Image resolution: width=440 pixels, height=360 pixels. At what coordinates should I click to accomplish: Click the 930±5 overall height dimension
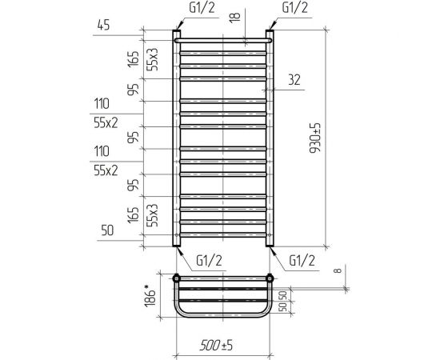click(x=315, y=138)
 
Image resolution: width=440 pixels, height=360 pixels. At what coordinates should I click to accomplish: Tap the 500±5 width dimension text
click(x=216, y=345)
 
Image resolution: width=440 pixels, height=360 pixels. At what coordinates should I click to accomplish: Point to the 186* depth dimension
click(x=150, y=296)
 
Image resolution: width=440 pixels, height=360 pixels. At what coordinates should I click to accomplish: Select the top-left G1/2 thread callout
click(x=202, y=7)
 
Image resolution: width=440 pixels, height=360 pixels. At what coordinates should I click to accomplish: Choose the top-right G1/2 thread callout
click(x=294, y=7)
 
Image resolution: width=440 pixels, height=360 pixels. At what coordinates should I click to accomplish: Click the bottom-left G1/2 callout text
click(x=209, y=260)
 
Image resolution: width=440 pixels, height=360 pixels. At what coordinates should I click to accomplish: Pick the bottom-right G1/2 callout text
click(x=302, y=260)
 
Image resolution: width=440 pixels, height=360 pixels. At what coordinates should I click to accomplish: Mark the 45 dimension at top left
click(x=103, y=26)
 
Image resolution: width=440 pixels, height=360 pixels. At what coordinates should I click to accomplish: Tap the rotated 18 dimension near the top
click(x=235, y=18)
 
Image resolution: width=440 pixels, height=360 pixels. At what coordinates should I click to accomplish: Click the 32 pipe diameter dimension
click(x=294, y=80)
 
